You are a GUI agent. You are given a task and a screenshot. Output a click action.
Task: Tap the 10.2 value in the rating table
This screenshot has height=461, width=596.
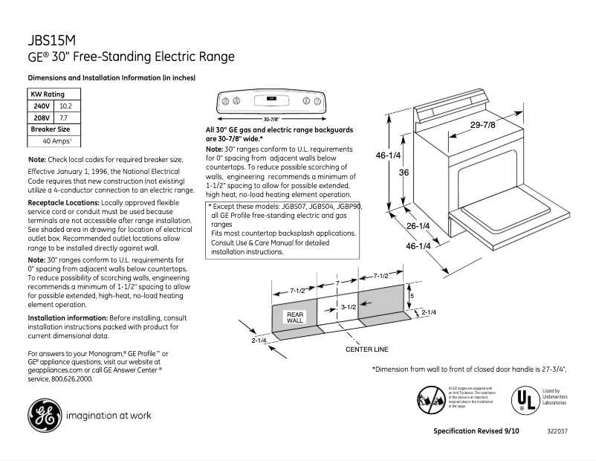point(65,106)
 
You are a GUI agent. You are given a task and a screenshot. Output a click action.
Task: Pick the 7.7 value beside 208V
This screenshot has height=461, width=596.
point(64,117)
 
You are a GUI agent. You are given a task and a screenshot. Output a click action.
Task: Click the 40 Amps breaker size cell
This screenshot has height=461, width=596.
point(56,141)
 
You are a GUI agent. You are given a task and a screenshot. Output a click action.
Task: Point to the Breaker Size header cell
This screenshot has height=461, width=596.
point(50,129)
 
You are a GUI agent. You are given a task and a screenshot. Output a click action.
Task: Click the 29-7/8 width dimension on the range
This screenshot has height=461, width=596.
point(482,125)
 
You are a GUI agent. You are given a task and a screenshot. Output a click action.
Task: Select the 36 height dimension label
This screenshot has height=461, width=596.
point(404,172)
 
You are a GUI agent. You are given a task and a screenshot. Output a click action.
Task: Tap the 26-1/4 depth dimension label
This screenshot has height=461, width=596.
point(418,225)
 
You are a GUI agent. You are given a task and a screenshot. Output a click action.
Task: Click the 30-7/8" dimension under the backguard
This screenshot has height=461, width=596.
point(271,119)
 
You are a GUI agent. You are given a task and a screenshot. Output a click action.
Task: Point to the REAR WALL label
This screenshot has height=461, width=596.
point(295,317)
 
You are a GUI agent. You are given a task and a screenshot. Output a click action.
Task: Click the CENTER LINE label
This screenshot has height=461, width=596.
point(366,349)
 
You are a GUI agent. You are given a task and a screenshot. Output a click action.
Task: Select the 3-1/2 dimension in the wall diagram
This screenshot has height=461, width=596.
point(349,306)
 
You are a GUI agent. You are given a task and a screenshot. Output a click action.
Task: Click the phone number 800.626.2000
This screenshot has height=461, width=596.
point(71,378)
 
